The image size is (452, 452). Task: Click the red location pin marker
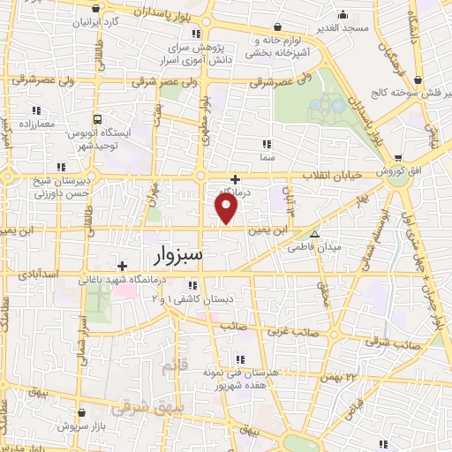point(227,207)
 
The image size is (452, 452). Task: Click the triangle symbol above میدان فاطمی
point(316,235)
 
